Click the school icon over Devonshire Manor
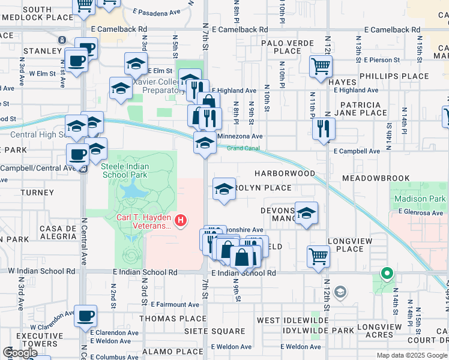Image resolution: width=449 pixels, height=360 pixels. coord(306,213)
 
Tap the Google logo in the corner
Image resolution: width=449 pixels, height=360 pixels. coord(20,353)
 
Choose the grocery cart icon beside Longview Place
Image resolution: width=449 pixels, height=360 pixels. coord(318,256)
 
